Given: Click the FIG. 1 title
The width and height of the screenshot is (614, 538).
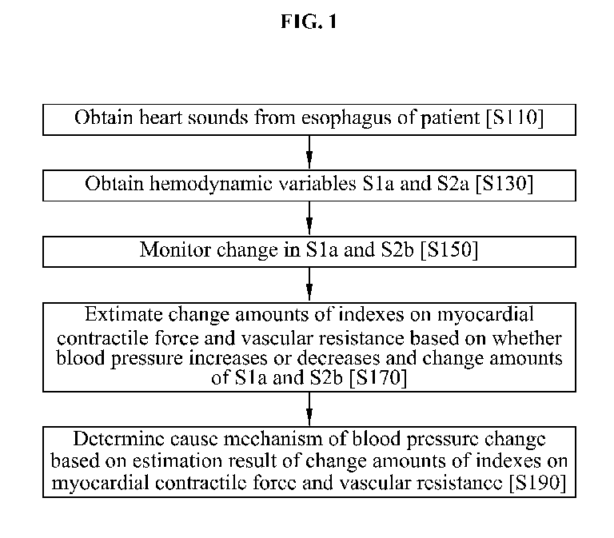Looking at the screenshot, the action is [309, 22].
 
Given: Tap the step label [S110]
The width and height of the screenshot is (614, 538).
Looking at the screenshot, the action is [515, 118].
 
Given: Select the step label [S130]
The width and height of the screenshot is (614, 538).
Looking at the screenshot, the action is [504, 184].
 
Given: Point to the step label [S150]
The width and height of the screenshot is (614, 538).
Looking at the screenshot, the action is [449, 249].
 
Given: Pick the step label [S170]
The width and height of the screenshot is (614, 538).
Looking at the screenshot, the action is [378, 377].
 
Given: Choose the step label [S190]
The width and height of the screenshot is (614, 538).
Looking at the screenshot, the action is [537, 482].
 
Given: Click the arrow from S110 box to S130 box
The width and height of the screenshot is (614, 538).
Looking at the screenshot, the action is [309, 153].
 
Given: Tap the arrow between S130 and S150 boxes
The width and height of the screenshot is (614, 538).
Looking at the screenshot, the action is [309, 218].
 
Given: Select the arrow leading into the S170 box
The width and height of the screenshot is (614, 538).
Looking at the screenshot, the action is [309, 285].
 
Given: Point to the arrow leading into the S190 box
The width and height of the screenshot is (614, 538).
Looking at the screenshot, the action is [309, 408].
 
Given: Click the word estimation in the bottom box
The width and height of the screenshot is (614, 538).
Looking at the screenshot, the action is [177, 460].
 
